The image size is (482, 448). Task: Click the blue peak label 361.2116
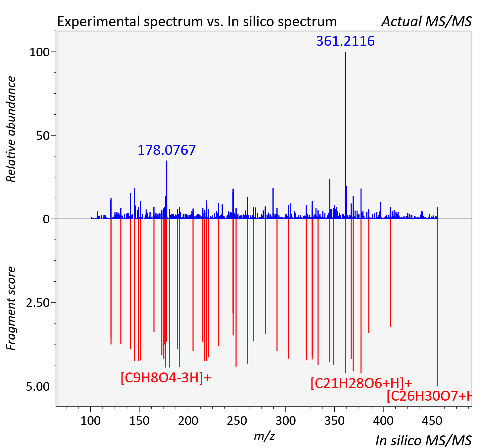point(345,41)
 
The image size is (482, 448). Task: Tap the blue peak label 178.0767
point(167,150)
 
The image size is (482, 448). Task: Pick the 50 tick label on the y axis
point(43,136)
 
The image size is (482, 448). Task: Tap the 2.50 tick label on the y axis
point(38,303)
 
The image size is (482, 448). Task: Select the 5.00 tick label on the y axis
point(38,387)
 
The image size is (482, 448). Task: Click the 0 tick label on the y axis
point(46,219)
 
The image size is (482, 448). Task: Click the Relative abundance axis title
point(11,129)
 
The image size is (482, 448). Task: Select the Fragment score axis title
point(11,308)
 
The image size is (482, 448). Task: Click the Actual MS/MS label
point(426,22)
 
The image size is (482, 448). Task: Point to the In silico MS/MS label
point(423,440)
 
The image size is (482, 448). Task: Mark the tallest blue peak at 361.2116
point(345,135)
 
